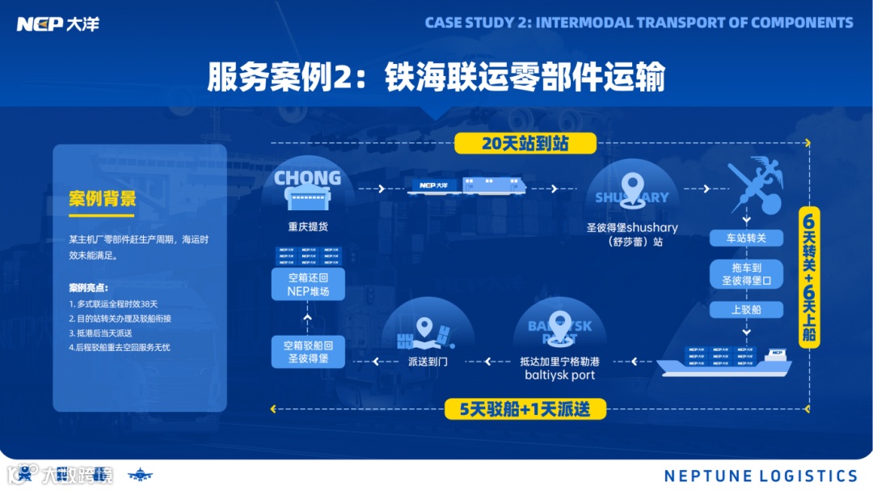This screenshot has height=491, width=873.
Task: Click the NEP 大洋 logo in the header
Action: pos(58,23)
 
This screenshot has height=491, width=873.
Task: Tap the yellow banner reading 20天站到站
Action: pos(525,143)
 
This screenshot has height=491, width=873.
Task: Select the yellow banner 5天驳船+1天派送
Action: pos(525,409)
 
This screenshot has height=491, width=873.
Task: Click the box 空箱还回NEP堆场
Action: pos(309,284)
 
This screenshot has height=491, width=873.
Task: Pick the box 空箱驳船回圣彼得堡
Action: pos(309,351)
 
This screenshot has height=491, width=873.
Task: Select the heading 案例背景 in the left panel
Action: pos(103,199)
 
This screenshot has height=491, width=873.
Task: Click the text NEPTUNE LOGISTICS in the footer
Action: pos(761,476)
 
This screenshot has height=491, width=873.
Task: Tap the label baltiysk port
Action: pos(560,375)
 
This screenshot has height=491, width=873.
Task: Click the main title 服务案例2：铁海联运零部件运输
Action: pos(436,78)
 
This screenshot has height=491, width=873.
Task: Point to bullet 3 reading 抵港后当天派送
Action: pos(100,332)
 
